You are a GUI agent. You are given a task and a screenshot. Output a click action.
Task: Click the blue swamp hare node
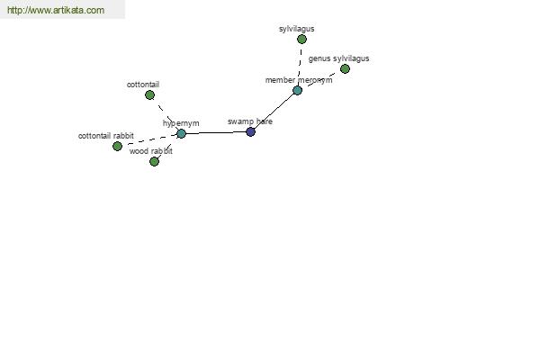tap(251, 131)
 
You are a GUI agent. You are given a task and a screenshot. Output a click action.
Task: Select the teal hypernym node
tap(181, 134)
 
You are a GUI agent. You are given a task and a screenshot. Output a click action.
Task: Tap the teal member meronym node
tap(298, 91)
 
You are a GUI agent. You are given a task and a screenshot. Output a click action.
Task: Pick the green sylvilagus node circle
tap(301, 40)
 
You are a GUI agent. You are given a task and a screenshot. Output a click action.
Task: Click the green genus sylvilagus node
tap(345, 69)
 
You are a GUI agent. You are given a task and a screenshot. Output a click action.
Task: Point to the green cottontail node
tap(149, 95)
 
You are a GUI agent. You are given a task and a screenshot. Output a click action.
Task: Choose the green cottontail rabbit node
tap(117, 146)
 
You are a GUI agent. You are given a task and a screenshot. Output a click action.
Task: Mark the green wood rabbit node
tap(154, 161)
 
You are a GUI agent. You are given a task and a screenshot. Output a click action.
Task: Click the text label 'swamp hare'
tap(250, 121)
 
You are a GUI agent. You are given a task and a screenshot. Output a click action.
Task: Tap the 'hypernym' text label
tap(181, 123)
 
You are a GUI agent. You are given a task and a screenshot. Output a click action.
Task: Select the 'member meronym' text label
tap(299, 80)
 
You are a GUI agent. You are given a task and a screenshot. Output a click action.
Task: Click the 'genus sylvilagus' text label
tap(339, 58)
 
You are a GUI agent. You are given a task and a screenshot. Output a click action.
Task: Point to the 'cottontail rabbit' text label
tap(106, 136)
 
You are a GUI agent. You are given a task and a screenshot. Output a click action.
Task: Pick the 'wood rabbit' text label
tap(151, 151)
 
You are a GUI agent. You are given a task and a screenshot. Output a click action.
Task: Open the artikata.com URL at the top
tap(56, 10)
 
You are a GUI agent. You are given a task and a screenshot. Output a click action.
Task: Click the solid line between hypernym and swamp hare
tap(216, 132)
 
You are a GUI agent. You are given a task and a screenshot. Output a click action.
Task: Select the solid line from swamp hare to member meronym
tap(274, 111)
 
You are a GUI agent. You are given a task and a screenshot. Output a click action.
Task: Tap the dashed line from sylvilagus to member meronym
tap(300, 65)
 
